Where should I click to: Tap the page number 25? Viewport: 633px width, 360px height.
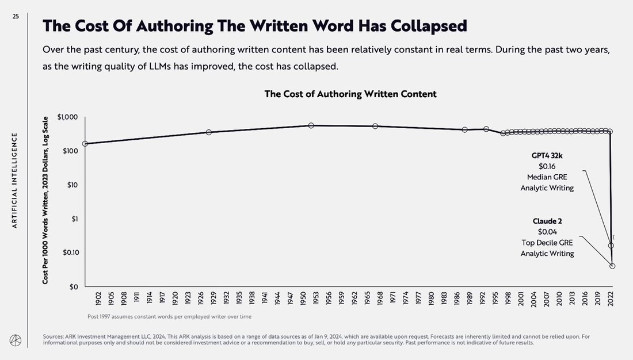click(x=16, y=17)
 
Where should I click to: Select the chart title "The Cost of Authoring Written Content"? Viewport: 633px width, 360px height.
click(x=350, y=94)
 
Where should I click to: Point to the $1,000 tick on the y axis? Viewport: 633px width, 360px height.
click(x=67, y=117)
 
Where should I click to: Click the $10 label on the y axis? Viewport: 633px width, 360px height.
click(x=72, y=185)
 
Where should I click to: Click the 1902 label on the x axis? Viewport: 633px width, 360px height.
click(x=98, y=298)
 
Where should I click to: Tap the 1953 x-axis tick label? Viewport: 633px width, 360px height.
click(x=316, y=298)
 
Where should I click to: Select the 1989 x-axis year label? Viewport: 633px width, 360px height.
click(x=470, y=298)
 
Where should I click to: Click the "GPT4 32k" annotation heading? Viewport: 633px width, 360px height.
click(x=547, y=155)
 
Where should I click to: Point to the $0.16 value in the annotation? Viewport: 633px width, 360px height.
click(x=547, y=166)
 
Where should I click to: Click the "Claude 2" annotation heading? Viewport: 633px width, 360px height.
click(x=547, y=221)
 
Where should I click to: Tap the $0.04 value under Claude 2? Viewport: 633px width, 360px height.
click(x=547, y=232)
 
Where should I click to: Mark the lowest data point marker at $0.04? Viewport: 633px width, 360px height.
click(x=612, y=266)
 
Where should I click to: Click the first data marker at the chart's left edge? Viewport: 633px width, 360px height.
click(x=85, y=144)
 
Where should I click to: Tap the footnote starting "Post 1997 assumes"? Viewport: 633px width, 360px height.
click(x=169, y=316)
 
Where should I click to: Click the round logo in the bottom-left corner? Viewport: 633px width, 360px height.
click(x=16, y=339)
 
